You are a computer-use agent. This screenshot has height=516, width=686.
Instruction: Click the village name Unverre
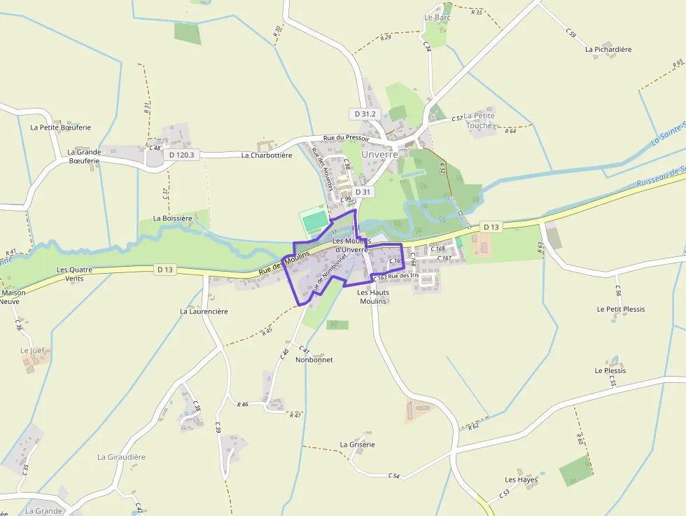coord(379,154)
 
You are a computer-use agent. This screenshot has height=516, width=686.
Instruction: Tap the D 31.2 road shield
coord(365,113)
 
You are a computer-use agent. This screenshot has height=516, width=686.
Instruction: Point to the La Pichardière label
coord(608,49)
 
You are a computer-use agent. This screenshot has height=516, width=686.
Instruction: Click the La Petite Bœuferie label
coord(61,127)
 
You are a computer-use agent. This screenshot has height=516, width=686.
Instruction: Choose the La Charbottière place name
coord(267,155)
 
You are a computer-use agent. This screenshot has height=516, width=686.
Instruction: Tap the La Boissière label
coord(173,218)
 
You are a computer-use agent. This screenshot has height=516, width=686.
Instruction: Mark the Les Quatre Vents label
coord(75,274)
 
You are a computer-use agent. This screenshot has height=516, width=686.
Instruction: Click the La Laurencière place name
coord(204,311)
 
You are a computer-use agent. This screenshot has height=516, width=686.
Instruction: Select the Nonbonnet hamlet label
coord(314,360)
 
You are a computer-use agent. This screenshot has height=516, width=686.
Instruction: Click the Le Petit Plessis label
coord(621,309)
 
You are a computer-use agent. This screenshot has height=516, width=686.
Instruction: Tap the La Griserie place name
coord(358,445)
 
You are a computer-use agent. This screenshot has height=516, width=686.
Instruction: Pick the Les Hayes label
coord(521,480)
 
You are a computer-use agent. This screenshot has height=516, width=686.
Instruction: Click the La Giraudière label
coord(122,457)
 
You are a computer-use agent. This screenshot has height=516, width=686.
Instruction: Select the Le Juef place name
coord(32,350)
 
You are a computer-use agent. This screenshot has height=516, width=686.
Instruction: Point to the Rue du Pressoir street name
coord(346,139)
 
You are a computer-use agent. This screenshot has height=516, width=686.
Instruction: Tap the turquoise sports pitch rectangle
coord(315,221)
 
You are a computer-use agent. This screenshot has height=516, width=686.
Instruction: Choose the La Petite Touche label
coord(479,120)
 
